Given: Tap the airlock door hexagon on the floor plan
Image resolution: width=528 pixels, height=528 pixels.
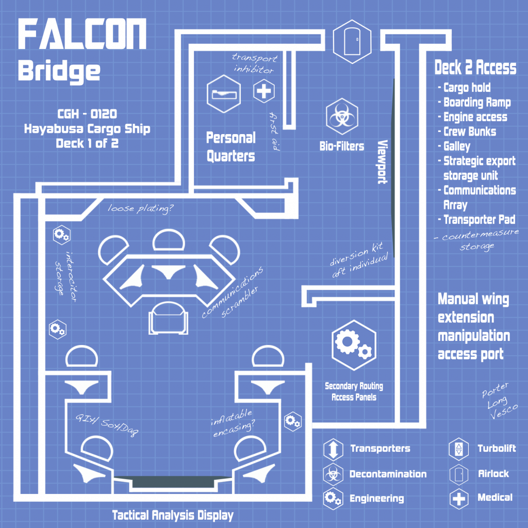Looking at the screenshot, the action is [x=352, y=41].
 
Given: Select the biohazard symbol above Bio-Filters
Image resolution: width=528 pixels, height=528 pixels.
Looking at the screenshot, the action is [x=342, y=117].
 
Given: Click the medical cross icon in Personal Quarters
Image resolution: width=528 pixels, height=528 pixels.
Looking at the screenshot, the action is [x=263, y=91].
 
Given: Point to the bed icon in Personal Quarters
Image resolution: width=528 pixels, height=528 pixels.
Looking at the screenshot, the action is [x=224, y=94].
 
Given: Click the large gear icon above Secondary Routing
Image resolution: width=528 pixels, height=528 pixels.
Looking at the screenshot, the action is [x=354, y=345].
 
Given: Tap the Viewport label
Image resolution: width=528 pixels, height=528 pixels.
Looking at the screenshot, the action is [x=382, y=161].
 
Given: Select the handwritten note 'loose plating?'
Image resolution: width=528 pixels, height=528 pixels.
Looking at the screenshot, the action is [x=140, y=209].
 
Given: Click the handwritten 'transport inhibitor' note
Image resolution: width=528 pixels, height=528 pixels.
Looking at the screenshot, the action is [x=255, y=63].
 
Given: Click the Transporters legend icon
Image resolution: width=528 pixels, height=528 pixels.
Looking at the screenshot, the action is [x=333, y=449].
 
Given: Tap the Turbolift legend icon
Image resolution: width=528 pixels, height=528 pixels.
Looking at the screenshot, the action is [x=458, y=449].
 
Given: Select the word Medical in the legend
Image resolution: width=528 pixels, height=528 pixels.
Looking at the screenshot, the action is [x=494, y=498].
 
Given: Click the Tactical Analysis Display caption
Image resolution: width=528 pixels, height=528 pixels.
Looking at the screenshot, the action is [x=173, y=515].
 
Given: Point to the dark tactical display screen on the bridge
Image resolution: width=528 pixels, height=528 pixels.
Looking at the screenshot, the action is [x=173, y=482].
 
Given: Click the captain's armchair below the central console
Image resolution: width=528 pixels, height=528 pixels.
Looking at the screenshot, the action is [x=169, y=318].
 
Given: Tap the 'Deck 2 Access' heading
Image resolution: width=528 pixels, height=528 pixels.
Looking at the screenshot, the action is [x=475, y=68].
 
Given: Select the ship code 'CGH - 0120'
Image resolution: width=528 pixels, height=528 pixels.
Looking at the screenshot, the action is [x=87, y=114].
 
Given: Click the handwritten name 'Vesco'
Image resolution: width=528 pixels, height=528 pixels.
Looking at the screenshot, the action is [x=504, y=411].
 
